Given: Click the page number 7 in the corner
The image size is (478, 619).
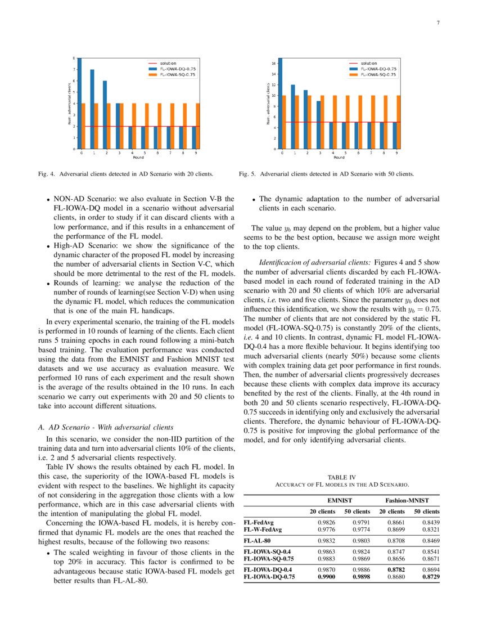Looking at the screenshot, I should pyautogui.click(x=438, y=23).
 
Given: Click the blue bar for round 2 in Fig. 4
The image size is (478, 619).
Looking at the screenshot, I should pyautogui.click(x=105, y=115).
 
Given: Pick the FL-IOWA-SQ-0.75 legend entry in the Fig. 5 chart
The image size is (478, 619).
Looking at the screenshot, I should pyautogui.click(x=377, y=74).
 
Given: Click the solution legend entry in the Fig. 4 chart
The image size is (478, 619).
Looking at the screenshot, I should pyautogui.click(x=166, y=63).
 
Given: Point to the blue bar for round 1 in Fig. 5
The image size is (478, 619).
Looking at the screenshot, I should pyautogui.click(x=292, y=116).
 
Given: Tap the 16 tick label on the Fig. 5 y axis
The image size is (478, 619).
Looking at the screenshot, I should pyautogui.click(x=273, y=64).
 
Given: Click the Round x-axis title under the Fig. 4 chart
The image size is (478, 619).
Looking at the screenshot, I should pyautogui.click(x=138, y=158).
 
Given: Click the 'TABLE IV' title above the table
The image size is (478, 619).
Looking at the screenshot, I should pyautogui.click(x=341, y=477).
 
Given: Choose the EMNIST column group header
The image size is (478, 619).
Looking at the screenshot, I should pyautogui.click(x=340, y=500).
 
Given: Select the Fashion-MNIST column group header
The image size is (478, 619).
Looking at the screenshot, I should pyautogui.click(x=408, y=500).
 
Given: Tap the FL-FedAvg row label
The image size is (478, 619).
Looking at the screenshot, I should pyautogui.click(x=259, y=523).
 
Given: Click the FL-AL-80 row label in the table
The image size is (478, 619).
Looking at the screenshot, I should pyautogui.click(x=259, y=541).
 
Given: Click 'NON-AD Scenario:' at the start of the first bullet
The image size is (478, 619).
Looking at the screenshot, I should pyautogui.click(x=82, y=199).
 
